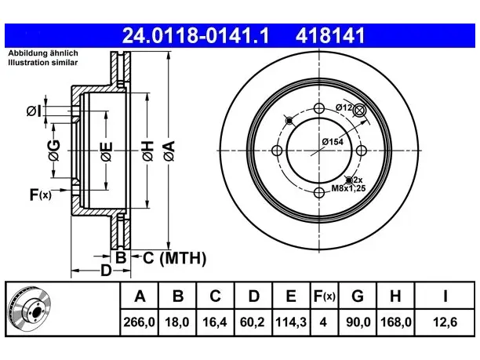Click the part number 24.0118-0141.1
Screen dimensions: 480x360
point(195,35)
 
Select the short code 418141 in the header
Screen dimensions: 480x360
point(330,35)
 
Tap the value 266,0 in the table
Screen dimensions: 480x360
point(140,322)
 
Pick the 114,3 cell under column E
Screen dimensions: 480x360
point(291,322)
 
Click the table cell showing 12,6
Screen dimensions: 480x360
point(445,322)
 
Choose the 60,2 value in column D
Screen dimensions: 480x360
point(253,322)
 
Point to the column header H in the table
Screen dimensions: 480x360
point(395,296)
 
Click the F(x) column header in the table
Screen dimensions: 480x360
point(325,296)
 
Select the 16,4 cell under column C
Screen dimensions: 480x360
point(215,322)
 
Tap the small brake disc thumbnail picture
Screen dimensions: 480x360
point(30,309)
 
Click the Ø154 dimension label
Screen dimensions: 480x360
point(333,142)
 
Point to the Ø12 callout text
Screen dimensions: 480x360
point(344,107)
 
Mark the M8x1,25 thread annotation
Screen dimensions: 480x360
point(348,188)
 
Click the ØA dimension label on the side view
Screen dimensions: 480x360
point(169,151)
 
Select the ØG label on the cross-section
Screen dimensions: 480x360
point(54,151)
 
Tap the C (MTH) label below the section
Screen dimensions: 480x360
point(174,258)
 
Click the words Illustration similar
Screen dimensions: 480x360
point(43,63)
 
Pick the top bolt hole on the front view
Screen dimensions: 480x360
point(319,108)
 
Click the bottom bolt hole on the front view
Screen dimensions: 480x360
point(319,193)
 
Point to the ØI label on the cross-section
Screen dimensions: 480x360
point(34,111)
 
